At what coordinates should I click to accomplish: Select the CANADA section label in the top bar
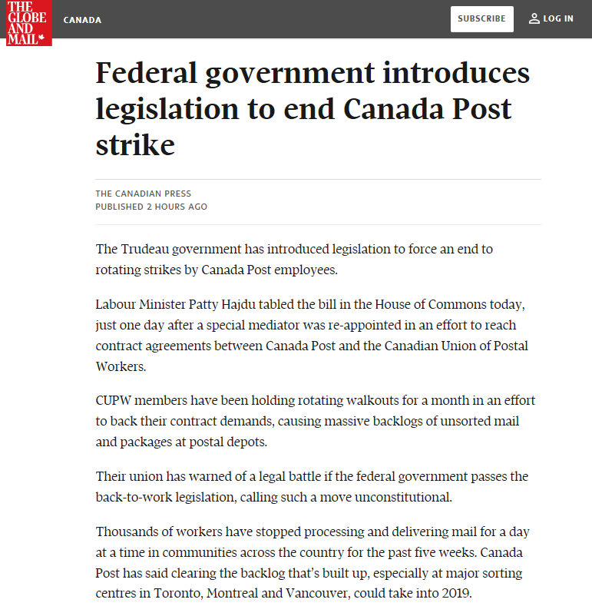(82, 20)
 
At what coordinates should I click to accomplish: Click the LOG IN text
(558, 18)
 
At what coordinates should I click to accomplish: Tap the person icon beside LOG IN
(534, 18)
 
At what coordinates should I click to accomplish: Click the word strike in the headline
(135, 144)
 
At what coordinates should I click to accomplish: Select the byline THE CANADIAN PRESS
(144, 194)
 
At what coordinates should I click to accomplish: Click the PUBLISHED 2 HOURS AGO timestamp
(151, 207)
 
